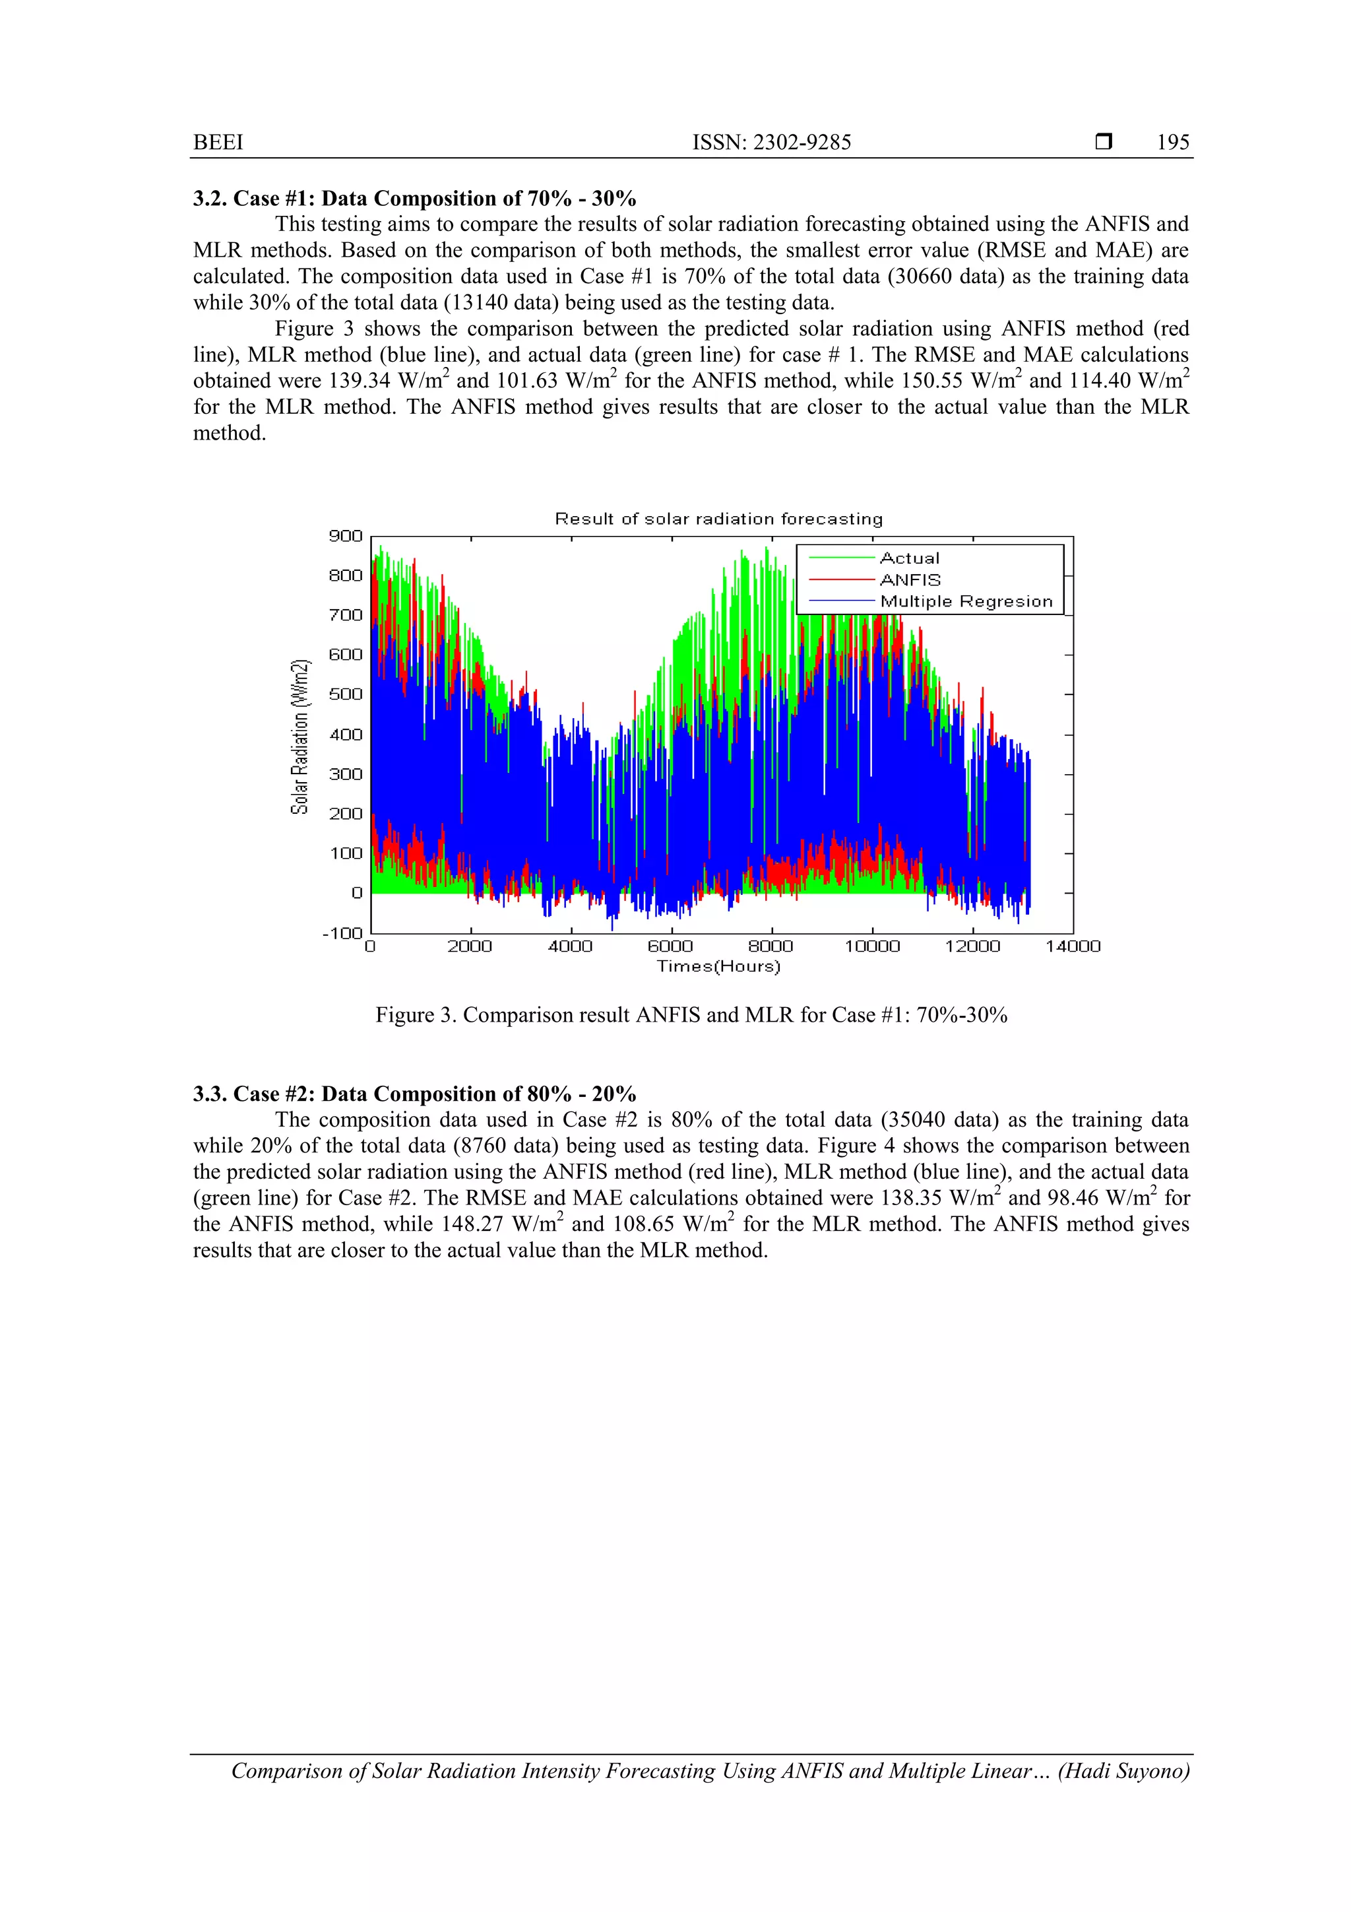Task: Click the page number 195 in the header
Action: click(1172, 143)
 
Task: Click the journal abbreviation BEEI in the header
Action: click(218, 143)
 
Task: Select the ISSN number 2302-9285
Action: click(801, 143)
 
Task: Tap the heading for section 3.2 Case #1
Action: click(414, 198)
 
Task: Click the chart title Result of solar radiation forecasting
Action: click(718, 519)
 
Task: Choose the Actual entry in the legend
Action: click(909, 558)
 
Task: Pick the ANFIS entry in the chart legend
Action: click(910, 579)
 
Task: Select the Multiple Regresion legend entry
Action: click(966, 601)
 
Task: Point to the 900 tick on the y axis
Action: click(346, 535)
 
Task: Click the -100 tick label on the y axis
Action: click(342, 933)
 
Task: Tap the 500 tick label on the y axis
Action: click(346, 694)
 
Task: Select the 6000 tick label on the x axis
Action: click(670, 946)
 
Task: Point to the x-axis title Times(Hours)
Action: click(718, 966)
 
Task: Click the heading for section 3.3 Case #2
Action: click(414, 1094)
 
